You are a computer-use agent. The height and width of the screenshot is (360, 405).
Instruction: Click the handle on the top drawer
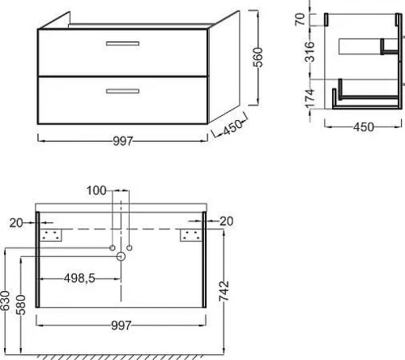coord(122,44)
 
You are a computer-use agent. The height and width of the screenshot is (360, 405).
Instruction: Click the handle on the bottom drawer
coord(122,91)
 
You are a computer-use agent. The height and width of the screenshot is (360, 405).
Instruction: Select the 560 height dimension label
coord(258,58)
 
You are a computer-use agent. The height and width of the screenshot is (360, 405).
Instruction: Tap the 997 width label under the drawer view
coord(123,141)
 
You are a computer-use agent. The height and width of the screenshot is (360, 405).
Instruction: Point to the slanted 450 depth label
coord(232,126)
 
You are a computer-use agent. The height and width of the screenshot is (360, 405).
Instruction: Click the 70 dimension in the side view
coord(300,19)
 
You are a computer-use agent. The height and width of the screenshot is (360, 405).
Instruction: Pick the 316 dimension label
coord(309,52)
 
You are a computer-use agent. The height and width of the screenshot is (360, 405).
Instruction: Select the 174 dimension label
coord(310,98)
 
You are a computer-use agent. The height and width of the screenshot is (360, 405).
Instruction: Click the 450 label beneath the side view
coord(364,127)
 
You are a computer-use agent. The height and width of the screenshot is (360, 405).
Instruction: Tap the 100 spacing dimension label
coord(96,191)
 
